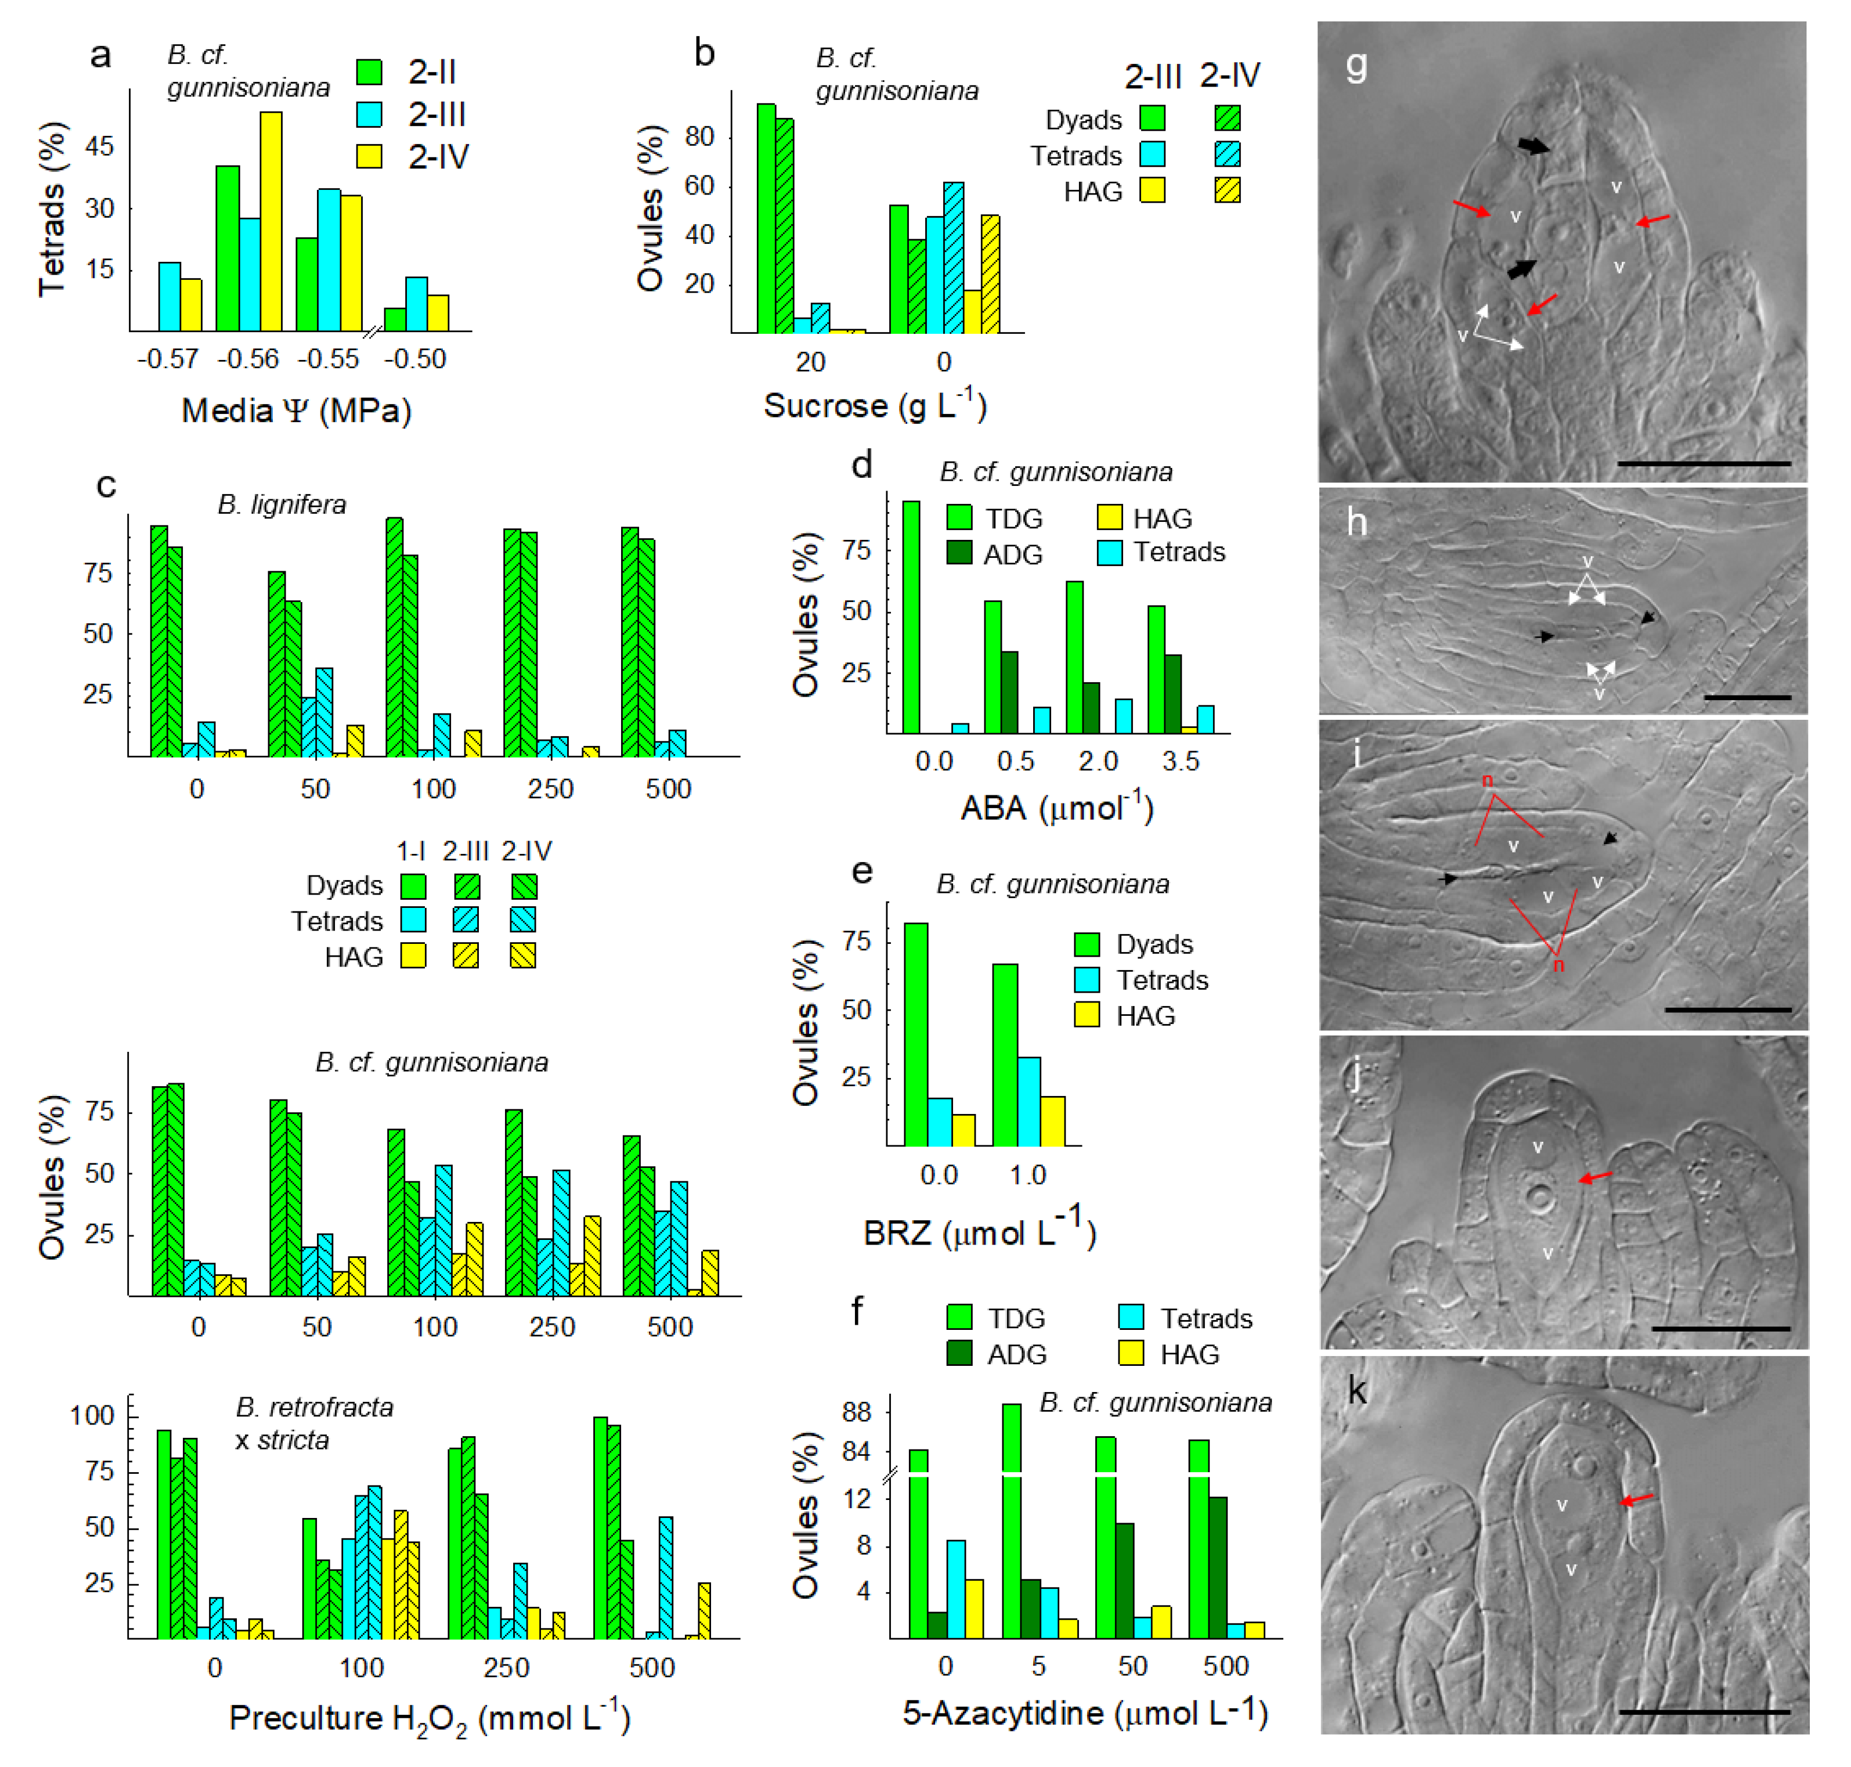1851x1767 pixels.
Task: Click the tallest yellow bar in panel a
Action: tap(270, 221)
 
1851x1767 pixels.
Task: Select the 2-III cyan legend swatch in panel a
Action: tap(369, 114)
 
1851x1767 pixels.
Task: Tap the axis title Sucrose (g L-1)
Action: tap(874, 406)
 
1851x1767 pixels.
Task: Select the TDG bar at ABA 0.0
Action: tap(910, 617)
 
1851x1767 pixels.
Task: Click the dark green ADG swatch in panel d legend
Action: tap(959, 553)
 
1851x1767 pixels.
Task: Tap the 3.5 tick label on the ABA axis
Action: tap(1180, 761)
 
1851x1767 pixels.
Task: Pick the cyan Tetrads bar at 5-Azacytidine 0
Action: tap(955, 1589)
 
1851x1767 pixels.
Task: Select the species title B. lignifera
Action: tap(282, 505)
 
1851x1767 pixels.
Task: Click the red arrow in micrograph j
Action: tap(1595, 1177)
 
